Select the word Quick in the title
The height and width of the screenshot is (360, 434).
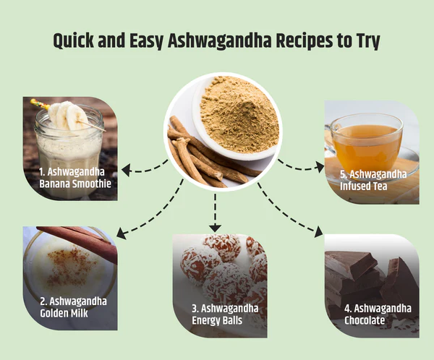[x=80, y=40]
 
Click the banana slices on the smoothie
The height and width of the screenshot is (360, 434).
[x=70, y=116]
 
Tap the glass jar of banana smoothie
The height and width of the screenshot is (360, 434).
[x=70, y=148]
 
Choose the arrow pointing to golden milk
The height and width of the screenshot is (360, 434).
[x=148, y=213]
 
